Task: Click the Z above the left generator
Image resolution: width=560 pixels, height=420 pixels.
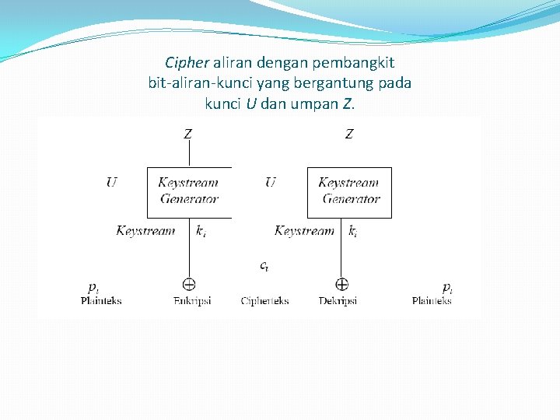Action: pos(188,134)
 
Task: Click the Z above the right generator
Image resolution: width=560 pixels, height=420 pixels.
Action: pos(349,134)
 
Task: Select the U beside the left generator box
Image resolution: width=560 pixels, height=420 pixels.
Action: pos(112,184)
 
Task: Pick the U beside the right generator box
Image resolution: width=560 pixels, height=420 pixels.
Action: pos(271,184)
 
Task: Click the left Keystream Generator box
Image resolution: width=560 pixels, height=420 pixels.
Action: pos(189,191)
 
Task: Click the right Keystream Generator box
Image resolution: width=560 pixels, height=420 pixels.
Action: pos(349,191)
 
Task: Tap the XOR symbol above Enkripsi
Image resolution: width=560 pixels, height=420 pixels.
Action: pos(189,285)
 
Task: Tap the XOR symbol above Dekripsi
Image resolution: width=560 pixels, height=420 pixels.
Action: pos(341,285)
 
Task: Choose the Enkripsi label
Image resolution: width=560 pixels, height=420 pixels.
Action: pos(192,301)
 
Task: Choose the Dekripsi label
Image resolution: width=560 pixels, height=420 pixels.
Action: pos(338,301)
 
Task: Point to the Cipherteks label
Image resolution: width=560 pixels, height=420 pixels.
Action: pos(264,301)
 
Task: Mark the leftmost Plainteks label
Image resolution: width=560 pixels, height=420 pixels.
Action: pos(101,301)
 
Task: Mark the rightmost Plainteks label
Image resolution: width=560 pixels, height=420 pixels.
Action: pos(432,301)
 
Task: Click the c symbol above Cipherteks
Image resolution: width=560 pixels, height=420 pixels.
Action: pos(264,266)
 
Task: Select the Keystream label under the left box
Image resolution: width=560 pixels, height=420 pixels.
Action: pos(145,231)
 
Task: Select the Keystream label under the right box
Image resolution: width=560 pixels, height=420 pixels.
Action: pos(304,231)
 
